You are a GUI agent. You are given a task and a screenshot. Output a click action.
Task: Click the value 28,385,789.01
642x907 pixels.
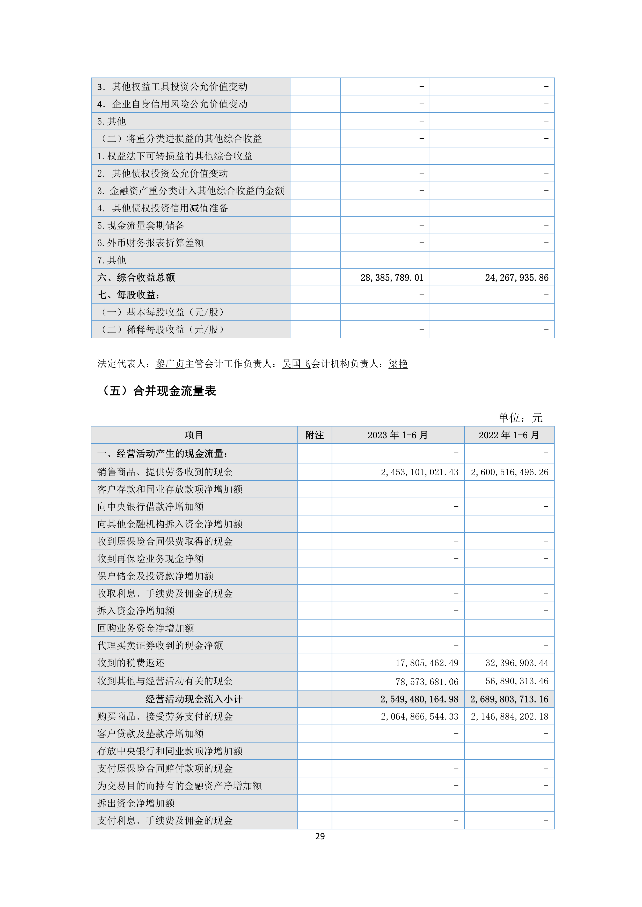pyautogui.click(x=391, y=278)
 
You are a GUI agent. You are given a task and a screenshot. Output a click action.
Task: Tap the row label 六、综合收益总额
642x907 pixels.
pyautogui.click(x=136, y=278)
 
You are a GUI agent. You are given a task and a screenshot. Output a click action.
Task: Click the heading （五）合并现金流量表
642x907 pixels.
pyautogui.click(x=158, y=391)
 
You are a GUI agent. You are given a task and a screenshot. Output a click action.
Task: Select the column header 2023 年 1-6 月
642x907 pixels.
pyautogui.click(x=397, y=435)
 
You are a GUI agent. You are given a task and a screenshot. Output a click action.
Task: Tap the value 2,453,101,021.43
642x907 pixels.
pyautogui.click(x=419, y=472)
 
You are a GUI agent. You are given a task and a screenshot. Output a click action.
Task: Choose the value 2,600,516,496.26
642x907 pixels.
pyautogui.click(x=509, y=472)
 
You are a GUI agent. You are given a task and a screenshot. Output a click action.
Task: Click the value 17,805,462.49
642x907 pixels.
pyautogui.click(x=427, y=663)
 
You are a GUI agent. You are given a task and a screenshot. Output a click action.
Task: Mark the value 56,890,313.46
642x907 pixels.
pyautogui.click(x=517, y=681)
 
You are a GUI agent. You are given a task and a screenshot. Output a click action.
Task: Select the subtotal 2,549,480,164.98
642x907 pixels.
pyautogui.click(x=419, y=699)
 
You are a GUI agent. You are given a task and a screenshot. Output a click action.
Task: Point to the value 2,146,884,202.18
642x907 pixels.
pyautogui.click(x=509, y=717)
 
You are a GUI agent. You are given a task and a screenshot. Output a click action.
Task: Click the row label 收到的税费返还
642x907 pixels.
pyautogui.click(x=131, y=663)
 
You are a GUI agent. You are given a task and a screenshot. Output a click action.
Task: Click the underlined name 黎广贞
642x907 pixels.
pyautogui.click(x=170, y=364)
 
